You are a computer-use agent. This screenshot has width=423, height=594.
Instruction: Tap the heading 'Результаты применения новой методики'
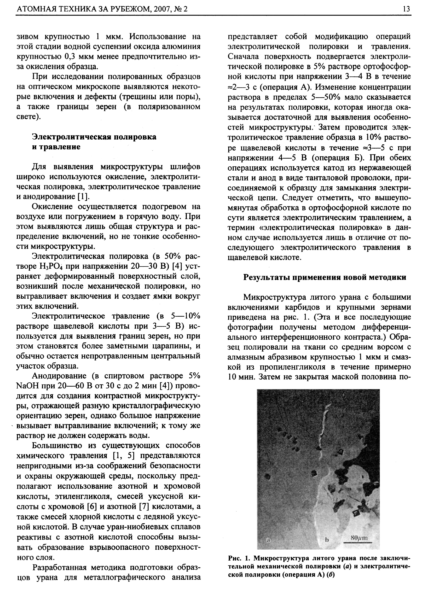324,277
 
